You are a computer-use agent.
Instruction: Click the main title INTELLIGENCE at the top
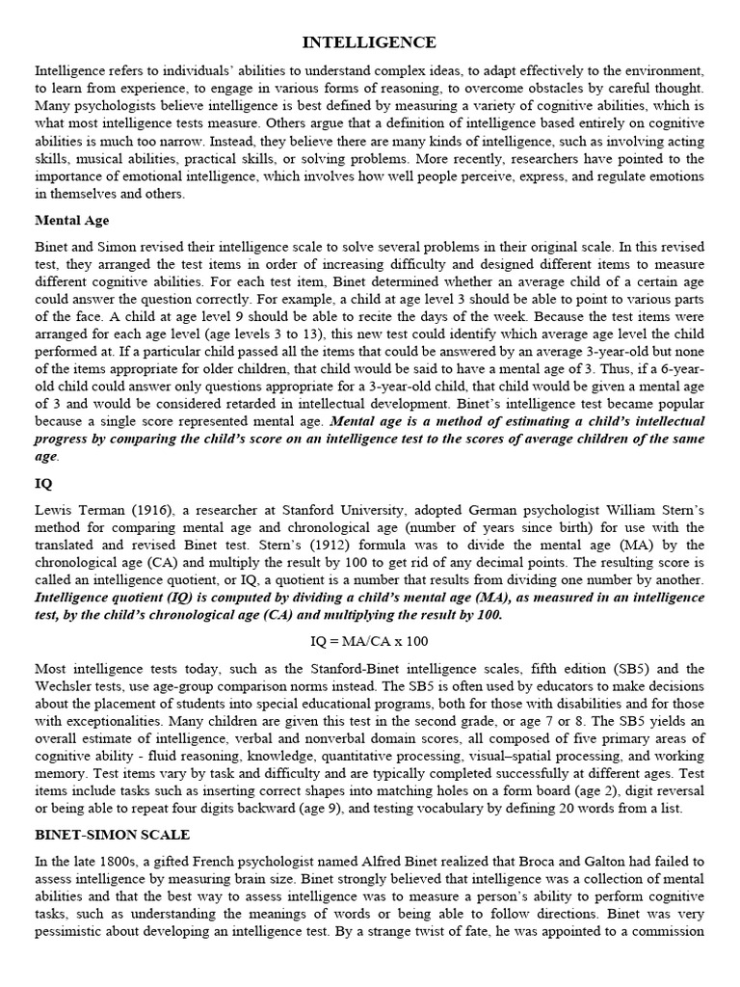(x=370, y=42)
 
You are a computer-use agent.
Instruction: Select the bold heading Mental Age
(x=71, y=220)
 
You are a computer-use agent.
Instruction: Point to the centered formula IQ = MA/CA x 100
(x=369, y=640)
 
